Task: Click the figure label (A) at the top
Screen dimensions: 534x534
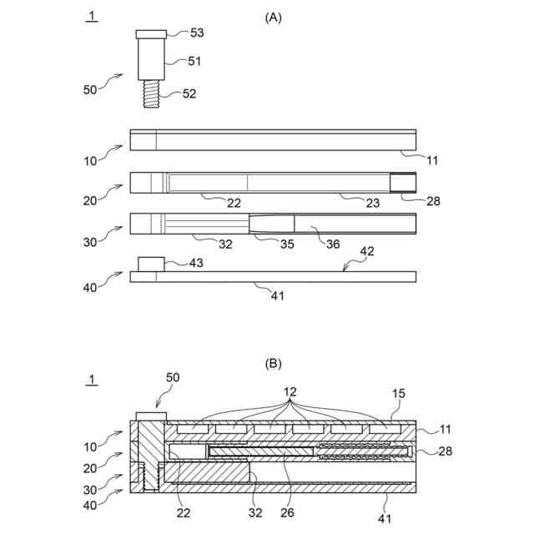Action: pyautogui.click(x=272, y=17)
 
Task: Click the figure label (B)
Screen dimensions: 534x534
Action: pyautogui.click(x=272, y=364)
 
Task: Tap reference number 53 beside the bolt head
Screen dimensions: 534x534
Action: pyautogui.click(x=197, y=33)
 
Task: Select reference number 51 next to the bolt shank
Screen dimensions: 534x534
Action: pyautogui.click(x=194, y=61)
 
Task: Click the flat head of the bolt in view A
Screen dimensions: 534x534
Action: pyautogui.click(x=151, y=33)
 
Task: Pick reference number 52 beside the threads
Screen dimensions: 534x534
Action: pyautogui.click(x=189, y=93)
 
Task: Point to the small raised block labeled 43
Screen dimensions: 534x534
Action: pyautogui.click(x=150, y=264)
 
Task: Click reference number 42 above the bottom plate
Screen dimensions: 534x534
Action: pyautogui.click(x=366, y=250)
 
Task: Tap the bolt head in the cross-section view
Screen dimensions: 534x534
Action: pyautogui.click(x=151, y=416)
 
